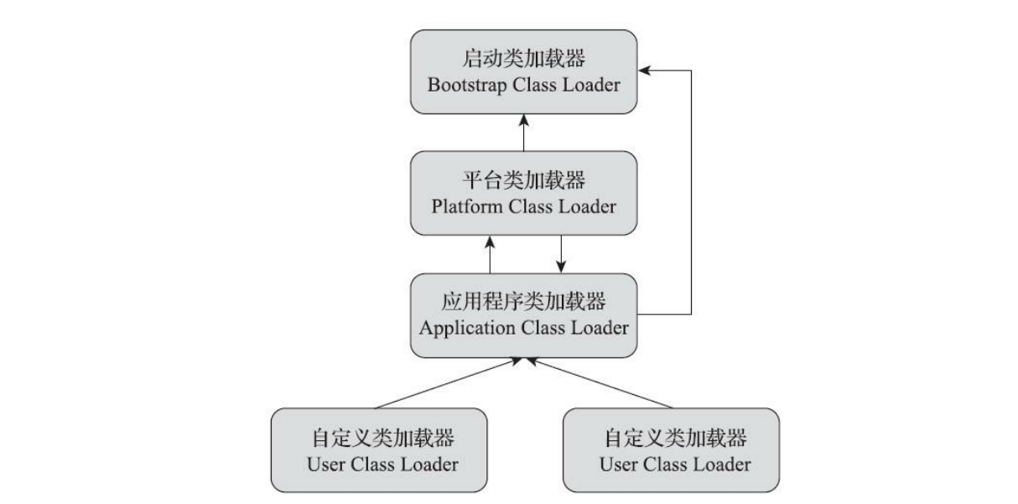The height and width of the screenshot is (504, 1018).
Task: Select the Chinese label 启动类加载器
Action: [523, 60]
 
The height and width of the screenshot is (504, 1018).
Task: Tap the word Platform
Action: [465, 207]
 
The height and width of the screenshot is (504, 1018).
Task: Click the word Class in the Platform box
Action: [533, 207]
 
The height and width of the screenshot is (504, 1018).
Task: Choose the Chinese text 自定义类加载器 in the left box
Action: [379, 439]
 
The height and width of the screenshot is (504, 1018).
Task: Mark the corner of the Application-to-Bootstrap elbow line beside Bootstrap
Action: [690, 70]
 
